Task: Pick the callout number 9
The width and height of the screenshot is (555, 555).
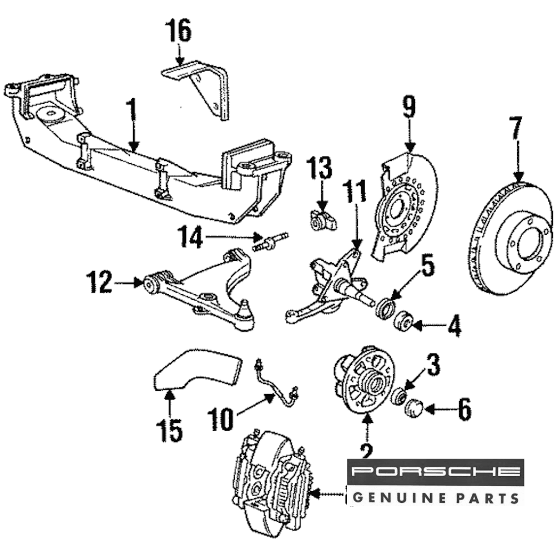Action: click(409, 108)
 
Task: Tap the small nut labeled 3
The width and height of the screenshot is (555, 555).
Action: click(397, 396)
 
